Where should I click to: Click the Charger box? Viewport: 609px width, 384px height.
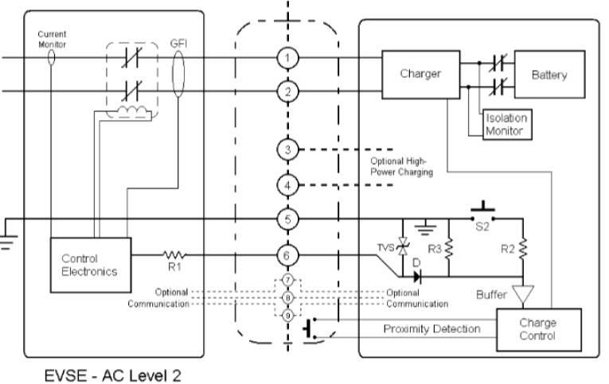pyautogui.click(x=420, y=75)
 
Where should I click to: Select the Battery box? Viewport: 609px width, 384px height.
pyautogui.click(x=549, y=76)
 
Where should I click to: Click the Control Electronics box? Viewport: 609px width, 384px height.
pyautogui.click(x=89, y=265)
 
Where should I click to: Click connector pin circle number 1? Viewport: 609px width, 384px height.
pyautogui.click(x=287, y=58)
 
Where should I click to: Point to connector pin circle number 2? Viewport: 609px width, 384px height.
pyautogui.click(x=287, y=91)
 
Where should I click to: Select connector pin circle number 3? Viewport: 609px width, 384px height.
pyautogui.click(x=287, y=149)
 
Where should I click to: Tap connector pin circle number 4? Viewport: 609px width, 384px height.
pyautogui.click(x=287, y=185)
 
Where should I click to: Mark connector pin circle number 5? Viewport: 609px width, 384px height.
pyautogui.click(x=287, y=219)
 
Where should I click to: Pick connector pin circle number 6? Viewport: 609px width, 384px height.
pyautogui.click(x=287, y=256)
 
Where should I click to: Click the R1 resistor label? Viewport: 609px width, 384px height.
pyautogui.click(x=174, y=267)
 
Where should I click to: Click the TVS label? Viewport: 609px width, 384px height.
pyautogui.click(x=383, y=247)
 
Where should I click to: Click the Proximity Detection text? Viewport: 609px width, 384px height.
pyautogui.click(x=432, y=329)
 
